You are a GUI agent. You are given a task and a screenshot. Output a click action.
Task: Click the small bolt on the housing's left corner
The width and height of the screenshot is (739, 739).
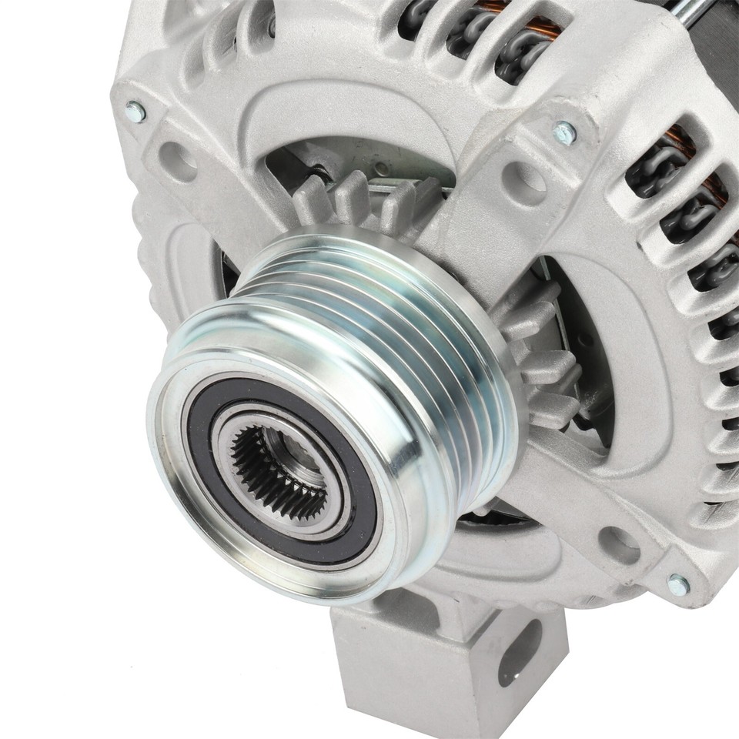pyautogui.click(x=135, y=112)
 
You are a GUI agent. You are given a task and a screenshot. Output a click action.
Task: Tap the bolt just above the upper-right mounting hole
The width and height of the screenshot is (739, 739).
pyautogui.click(x=566, y=132)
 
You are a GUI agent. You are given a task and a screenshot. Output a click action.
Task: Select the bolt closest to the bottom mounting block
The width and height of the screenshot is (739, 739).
pyautogui.click(x=678, y=585)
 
